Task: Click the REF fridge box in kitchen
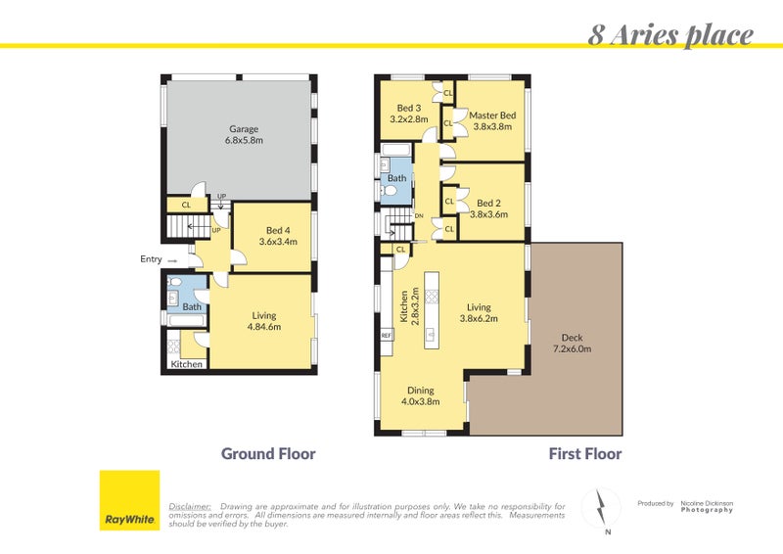pyautogui.click(x=387, y=336)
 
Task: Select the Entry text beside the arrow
pyautogui.click(x=152, y=260)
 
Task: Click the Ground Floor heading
pyautogui.click(x=268, y=454)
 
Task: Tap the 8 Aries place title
pyautogui.click(x=670, y=36)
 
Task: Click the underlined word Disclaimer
pyautogui.click(x=190, y=506)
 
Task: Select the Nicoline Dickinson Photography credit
pyautogui.click(x=707, y=506)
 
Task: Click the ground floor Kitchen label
pyautogui.click(x=187, y=364)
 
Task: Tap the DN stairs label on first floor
pyautogui.click(x=419, y=216)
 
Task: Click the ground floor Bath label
pyautogui.click(x=192, y=306)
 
